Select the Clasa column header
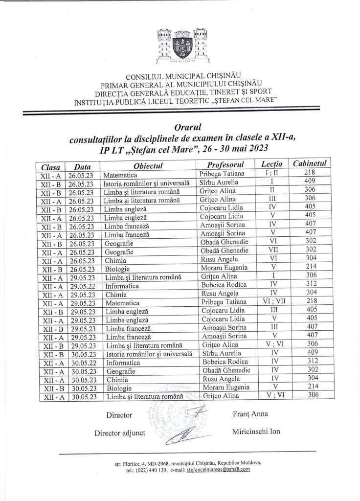50,167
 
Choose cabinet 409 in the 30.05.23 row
311,353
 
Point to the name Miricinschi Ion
256,432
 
